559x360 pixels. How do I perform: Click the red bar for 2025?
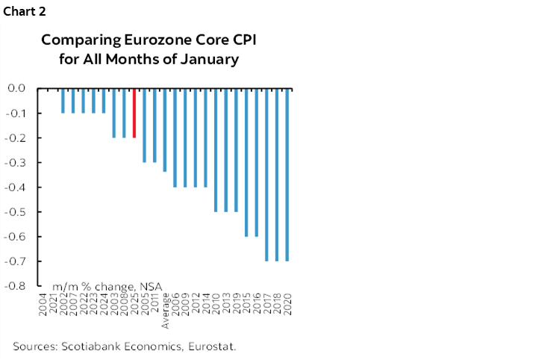click(134, 113)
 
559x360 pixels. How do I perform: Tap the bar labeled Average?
click(165, 130)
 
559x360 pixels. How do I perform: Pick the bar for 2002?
click(63, 101)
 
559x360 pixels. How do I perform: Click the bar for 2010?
click(216, 149)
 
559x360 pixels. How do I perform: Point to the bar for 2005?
click(145, 125)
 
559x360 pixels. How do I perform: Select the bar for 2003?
click(114, 113)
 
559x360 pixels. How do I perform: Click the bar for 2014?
click(206, 137)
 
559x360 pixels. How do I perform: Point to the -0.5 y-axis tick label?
click(17, 212)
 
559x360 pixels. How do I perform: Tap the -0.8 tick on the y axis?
click(17, 286)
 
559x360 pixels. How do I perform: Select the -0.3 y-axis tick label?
click(17, 162)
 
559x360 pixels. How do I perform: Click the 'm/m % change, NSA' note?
click(107, 286)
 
